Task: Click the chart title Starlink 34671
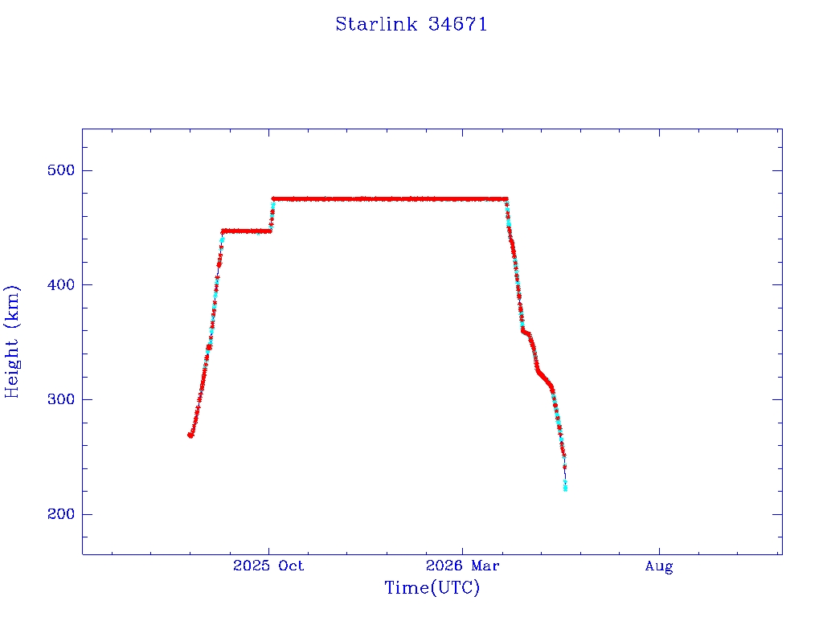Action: click(x=411, y=24)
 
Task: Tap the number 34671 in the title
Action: click(x=457, y=24)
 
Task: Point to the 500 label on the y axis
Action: click(x=61, y=170)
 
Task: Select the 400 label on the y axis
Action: click(x=61, y=285)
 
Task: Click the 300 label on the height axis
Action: click(x=61, y=399)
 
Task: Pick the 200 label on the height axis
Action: click(x=61, y=514)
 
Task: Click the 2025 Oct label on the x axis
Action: click(x=268, y=566)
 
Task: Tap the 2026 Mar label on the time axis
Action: click(x=462, y=566)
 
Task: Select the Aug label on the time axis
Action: click(x=659, y=566)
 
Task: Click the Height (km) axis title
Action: click(x=11, y=342)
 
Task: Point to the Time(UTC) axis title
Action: click(x=432, y=587)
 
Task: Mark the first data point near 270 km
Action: click(x=190, y=435)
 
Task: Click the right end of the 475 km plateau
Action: click(x=506, y=199)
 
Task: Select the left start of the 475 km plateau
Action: click(x=274, y=199)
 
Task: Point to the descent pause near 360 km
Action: click(x=524, y=332)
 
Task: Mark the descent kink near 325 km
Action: click(x=539, y=372)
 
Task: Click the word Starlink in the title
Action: click(x=376, y=24)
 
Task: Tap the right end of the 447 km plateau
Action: click(x=270, y=231)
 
